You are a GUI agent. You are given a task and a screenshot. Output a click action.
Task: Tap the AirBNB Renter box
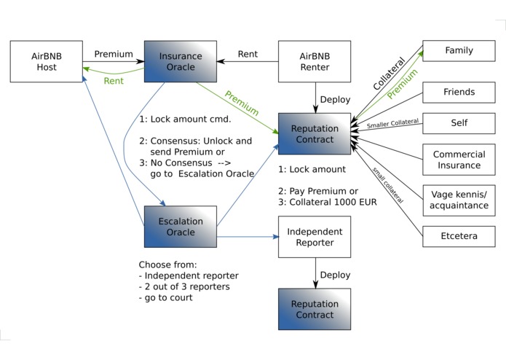pyautogui.click(x=315, y=61)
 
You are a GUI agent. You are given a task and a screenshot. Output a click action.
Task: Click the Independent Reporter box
pyautogui.click(x=315, y=237)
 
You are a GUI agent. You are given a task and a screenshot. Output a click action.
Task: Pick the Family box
pyautogui.click(x=459, y=51)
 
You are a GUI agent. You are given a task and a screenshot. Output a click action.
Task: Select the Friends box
pyautogui.click(x=459, y=93)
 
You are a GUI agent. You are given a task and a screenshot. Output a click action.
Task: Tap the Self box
pyautogui.click(x=459, y=123)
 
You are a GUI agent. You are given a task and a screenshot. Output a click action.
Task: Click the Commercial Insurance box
pyautogui.click(x=459, y=160)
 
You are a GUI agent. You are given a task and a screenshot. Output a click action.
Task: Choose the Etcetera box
pyautogui.click(x=459, y=236)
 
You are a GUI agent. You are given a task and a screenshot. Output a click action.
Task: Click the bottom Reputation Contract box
pyautogui.click(x=315, y=309)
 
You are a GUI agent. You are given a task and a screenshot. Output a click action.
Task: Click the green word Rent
pyautogui.click(x=113, y=81)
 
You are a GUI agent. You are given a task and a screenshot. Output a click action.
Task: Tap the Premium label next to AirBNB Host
pyautogui.click(x=114, y=54)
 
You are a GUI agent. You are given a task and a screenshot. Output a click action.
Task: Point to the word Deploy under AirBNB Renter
pyautogui.click(x=336, y=99)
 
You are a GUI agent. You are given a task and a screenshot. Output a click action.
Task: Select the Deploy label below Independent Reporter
pyautogui.click(x=336, y=275)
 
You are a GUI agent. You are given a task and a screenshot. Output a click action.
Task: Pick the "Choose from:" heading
pyautogui.click(x=167, y=265)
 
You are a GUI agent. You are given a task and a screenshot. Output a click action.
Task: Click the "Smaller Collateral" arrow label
pyautogui.click(x=393, y=124)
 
